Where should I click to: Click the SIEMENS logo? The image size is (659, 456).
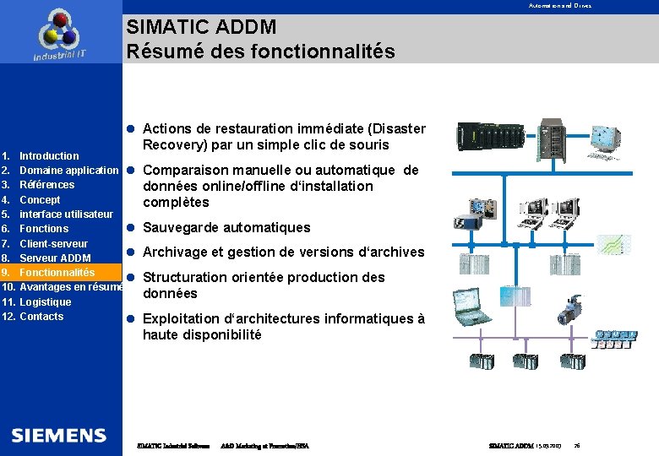coord(59,436)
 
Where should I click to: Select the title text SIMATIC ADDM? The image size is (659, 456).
coord(201,27)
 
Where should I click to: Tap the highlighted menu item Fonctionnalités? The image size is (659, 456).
coord(57,273)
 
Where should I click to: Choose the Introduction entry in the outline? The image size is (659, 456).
coord(49,155)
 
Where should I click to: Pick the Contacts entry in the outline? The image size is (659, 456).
coord(41,317)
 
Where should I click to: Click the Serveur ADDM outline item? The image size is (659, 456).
coord(55,258)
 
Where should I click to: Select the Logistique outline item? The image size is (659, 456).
coord(46,301)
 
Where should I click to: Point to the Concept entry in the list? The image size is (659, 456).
coord(40,200)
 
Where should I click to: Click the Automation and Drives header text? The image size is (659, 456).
coord(560,6)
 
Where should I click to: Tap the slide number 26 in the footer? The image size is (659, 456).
coord(576,445)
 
